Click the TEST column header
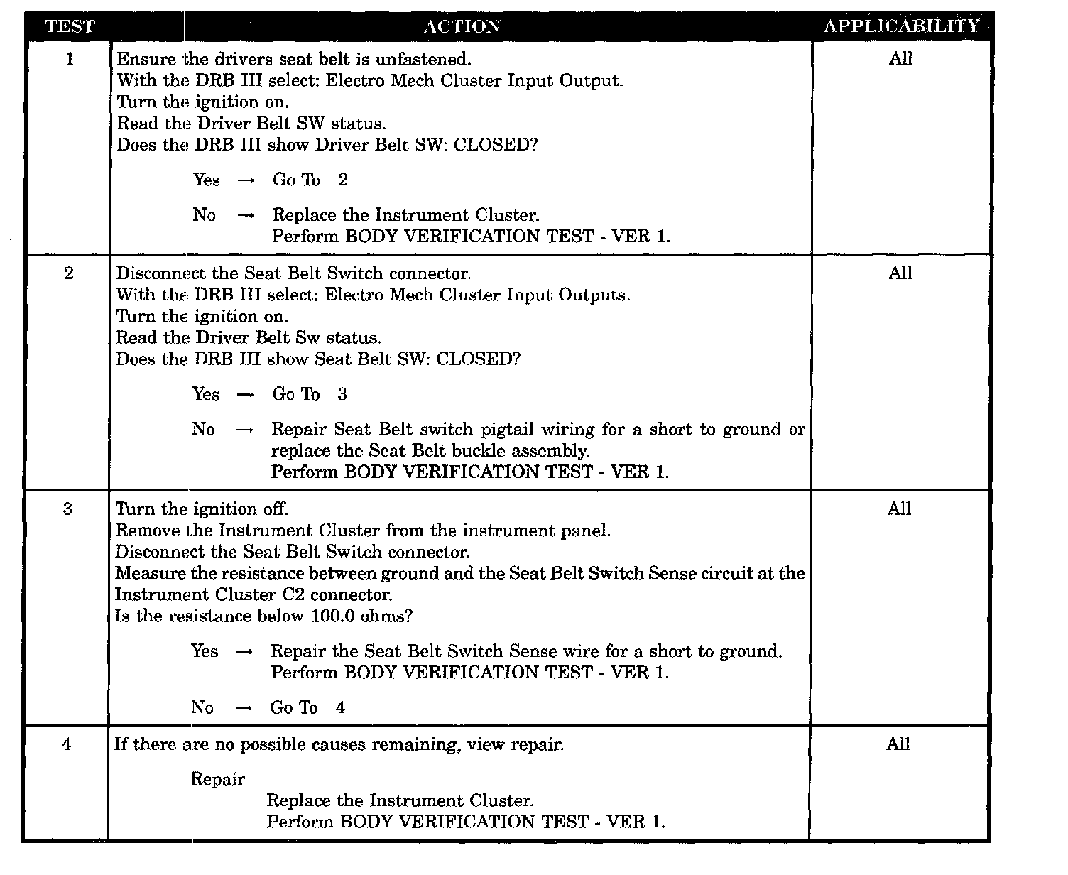tap(69, 27)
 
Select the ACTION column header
tap(462, 27)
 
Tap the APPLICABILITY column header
tap(901, 26)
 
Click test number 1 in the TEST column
tap(69, 59)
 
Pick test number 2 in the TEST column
tap(68, 273)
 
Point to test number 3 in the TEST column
tap(67, 509)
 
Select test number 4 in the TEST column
tap(67, 745)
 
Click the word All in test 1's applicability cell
tap(900, 59)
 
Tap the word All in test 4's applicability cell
tap(898, 744)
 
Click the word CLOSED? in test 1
tap(496, 145)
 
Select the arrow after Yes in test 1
tap(246, 180)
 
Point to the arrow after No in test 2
tap(244, 430)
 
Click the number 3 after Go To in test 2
tap(342, 394)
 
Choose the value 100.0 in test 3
tap(334, 616)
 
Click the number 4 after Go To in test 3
tap(341, 707)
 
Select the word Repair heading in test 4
tap(218, 779)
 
